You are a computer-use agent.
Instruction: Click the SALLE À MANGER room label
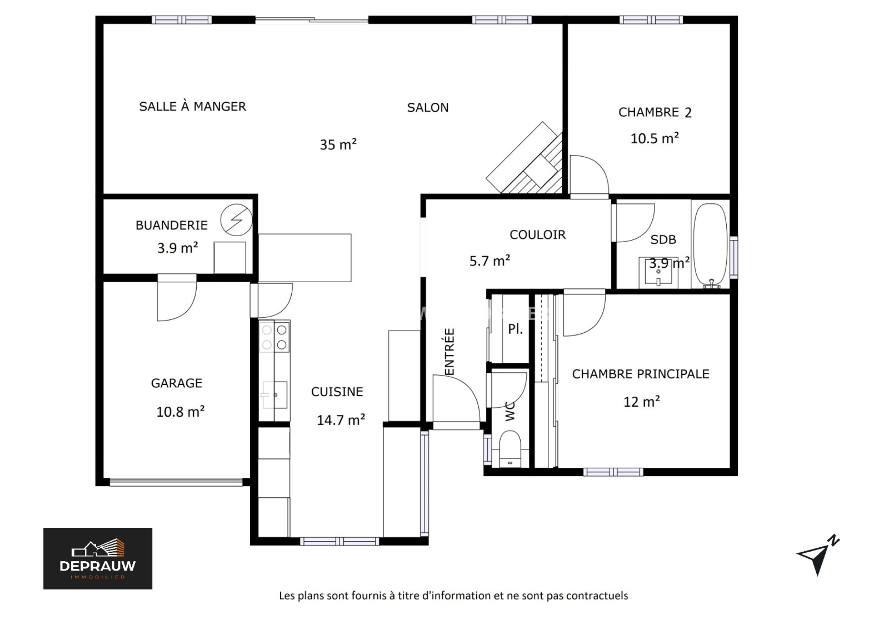pos(192,106)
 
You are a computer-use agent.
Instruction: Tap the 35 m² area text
pos(338,144)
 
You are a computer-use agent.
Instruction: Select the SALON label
pos(428,108)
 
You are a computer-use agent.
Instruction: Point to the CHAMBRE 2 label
pos(655,112)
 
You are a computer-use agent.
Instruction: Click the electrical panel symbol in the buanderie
pos(237,220)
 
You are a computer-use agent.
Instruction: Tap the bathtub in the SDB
pos(711,244)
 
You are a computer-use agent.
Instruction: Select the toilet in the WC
pos(510,449)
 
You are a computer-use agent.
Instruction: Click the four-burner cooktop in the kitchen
pos(274,337)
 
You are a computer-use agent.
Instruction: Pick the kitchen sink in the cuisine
pos(274,395)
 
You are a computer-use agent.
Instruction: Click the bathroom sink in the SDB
pos(658,272)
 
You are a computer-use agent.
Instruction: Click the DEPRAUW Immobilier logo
pos(98,558)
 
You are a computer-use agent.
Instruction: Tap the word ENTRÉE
pos(449,352)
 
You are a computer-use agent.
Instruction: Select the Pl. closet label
pos(516,328)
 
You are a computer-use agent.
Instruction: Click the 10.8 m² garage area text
pos(181,412)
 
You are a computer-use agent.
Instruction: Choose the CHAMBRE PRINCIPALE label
pos(641,374)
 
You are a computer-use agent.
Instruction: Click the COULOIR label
pos(538,234)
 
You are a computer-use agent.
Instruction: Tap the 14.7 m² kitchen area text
pos(341,420)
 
